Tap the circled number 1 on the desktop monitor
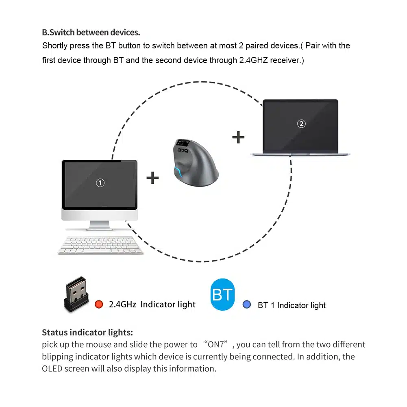(x=100, y=183)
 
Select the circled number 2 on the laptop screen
(x=301, y=124)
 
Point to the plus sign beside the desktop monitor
(x=152, y=178)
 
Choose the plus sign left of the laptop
(x=238, y=137)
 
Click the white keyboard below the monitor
(x=100, y=245)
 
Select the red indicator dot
(x=99, y=304)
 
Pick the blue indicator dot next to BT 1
(x=246, y=304)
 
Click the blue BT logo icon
(x=222, y=295)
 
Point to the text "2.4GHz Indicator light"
(x=152, y=305)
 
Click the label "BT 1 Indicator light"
(x=292, y=305)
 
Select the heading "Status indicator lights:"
(x=87, y=332)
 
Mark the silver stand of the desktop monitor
(x=99, y=225)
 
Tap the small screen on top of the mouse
(x=182, y=143)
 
